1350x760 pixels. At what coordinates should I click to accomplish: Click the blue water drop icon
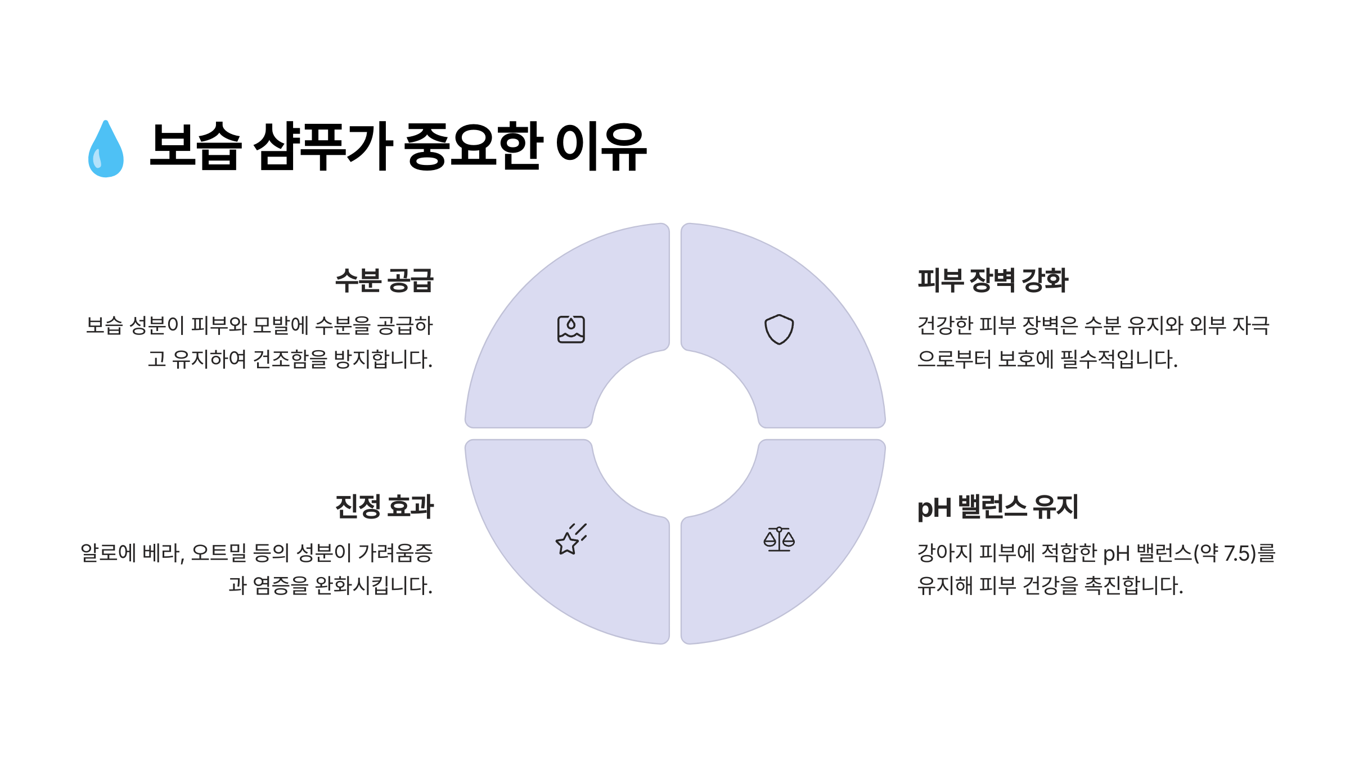(106, 149)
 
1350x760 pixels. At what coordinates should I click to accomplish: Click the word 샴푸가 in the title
(323, 146)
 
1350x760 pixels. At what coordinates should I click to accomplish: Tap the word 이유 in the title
(601, 146)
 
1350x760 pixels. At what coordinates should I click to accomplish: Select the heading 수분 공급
(384, 280)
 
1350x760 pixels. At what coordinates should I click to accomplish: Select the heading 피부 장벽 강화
(992, 280)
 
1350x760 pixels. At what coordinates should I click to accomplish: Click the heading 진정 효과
(384, 507)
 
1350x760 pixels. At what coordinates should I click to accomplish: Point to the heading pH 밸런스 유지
(997, 507)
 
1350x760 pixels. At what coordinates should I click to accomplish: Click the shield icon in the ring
(779, 329)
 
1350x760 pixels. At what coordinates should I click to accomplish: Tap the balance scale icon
(779, 539)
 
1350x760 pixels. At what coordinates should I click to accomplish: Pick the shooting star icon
(570, 539)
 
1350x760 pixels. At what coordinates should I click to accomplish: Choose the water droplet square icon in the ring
(571, 329)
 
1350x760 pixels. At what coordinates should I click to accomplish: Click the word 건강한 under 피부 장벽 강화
(945, 325)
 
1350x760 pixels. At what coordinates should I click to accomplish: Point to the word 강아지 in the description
(945, 553)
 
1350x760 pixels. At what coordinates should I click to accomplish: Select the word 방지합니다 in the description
(383, 359)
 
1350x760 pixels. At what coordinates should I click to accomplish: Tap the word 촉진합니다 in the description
(1133, 585)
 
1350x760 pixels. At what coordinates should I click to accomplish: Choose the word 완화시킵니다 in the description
(373, 585)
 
